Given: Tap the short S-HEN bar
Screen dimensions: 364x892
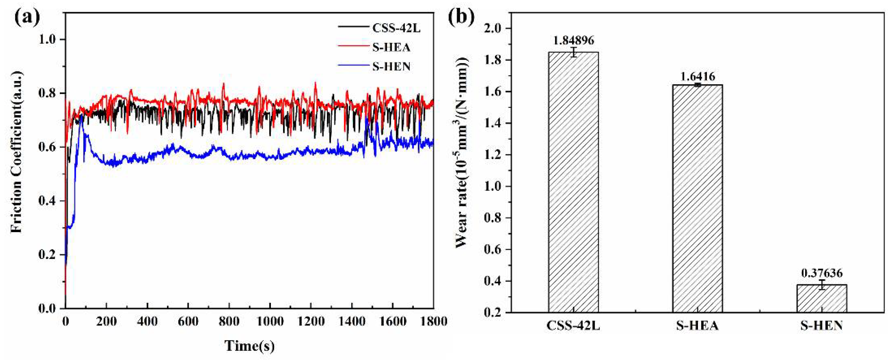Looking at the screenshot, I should [822, 298].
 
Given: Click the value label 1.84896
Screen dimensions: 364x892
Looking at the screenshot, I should [574, 40].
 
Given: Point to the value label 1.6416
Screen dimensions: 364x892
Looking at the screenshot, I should [697, 76].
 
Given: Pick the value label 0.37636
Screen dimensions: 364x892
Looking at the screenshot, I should [822, 273].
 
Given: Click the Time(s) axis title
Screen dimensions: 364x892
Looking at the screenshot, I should [249, 346].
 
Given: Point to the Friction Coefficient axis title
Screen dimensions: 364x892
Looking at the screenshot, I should [17, 152].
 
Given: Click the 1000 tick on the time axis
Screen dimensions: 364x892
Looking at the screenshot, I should [270, 322].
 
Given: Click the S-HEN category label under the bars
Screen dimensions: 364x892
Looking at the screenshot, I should [822, 326].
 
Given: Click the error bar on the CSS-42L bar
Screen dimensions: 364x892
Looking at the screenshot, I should [574, 52].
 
